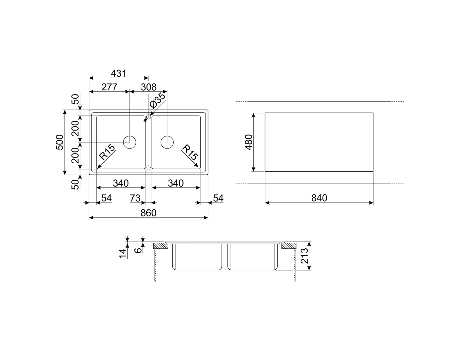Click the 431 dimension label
[x=118, y=73]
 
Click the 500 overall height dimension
[x=60, y=142]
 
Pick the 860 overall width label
[x=148, y=213]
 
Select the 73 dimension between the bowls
[x=135, y=198]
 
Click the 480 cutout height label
[x=249, y=142]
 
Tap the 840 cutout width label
[x=319, y=198]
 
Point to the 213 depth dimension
[x=304, y=256]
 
